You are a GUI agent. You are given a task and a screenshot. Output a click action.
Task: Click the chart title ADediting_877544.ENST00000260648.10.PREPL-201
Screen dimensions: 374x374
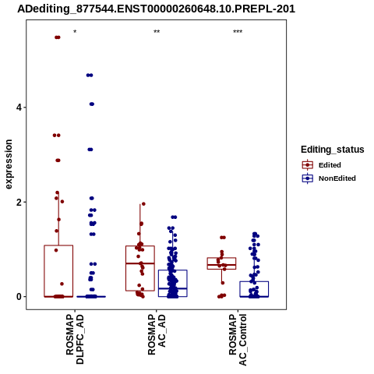click(x=156, y=9)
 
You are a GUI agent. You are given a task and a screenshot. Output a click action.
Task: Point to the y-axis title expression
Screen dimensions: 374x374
click(x=9, y=164)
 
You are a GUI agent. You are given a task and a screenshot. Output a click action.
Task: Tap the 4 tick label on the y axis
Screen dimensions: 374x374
click(x=19, y=108)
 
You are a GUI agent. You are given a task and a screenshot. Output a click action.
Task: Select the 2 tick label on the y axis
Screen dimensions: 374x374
click(x=19, y=202)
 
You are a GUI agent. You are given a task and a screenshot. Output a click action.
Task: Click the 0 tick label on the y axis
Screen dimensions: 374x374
click(x=19, y=296)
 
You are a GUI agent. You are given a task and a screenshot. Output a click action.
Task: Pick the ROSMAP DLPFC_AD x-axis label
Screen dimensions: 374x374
click(x=75, y=339)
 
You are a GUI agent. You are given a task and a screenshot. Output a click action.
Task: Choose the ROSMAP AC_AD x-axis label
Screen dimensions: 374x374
click(x=157, y=334)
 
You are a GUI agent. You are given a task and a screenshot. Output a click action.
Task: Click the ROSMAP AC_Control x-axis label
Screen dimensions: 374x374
click(x=238, y=340)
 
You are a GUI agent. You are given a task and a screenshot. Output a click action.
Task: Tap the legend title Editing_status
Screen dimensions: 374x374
click(x=333, y=150)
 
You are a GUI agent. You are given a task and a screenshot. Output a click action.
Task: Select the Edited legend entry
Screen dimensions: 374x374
click(x=322, y=165)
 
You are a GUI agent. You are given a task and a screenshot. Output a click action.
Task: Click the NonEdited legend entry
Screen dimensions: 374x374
click(x=329, y=178)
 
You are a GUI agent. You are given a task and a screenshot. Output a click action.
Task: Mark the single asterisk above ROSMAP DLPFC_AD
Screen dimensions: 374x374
click(x=75, y=32)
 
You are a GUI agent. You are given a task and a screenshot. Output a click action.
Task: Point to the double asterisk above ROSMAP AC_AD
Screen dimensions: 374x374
click(x=157, y=32)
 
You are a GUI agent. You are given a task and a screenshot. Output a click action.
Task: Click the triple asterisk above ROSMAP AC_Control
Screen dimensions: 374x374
click(x=238, y=32)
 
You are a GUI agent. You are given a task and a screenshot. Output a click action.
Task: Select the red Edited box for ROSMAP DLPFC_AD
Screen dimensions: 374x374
click(x=58, y=245)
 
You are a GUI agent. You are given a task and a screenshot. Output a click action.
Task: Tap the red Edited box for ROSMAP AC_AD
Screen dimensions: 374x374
click(x=140, y=246)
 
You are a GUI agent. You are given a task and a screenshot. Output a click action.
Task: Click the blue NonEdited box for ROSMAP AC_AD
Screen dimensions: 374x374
click(x=173, y=270)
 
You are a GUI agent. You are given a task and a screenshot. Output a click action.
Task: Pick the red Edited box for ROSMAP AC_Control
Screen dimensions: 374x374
click(x=221, y=258)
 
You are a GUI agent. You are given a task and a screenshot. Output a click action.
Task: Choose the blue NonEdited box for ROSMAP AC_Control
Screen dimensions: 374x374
click(x=254, y=281)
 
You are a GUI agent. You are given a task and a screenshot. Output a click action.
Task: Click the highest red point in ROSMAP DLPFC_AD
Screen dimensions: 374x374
click(x=58, y=37)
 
